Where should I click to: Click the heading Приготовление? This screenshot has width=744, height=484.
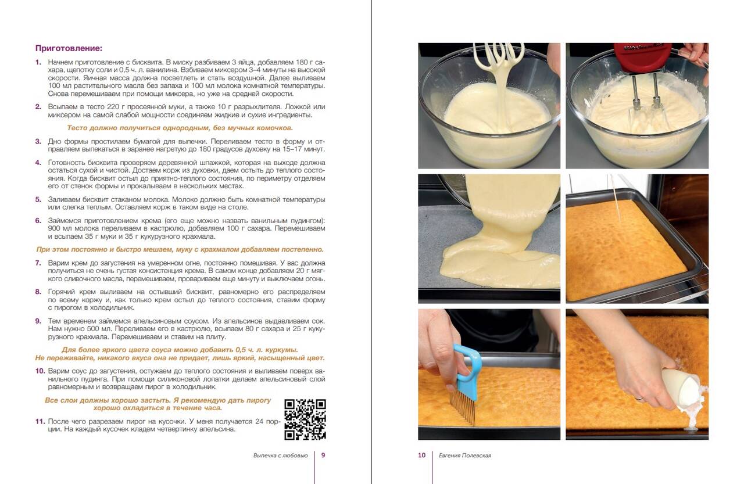pos(69,48)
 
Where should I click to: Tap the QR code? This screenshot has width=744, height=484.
pos(305,420)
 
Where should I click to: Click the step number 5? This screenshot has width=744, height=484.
pos(38,199)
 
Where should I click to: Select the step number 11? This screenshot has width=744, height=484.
pos(40,421)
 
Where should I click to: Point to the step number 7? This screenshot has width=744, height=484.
pos(38,263)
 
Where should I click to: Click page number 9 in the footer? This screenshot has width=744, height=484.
pos(323,455)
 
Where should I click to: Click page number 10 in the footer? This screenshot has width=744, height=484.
pos(421,455)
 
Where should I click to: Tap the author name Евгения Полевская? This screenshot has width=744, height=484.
pos(464,456)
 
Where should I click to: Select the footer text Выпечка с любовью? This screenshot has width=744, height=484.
pos(280,456)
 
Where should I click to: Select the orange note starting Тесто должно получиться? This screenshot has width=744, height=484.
pos(180,128)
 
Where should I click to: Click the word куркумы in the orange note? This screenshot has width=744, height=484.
pos(280,350)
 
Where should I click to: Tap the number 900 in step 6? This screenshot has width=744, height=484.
pos(54,228)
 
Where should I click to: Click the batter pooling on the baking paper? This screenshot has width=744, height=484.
pos(498,266)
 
